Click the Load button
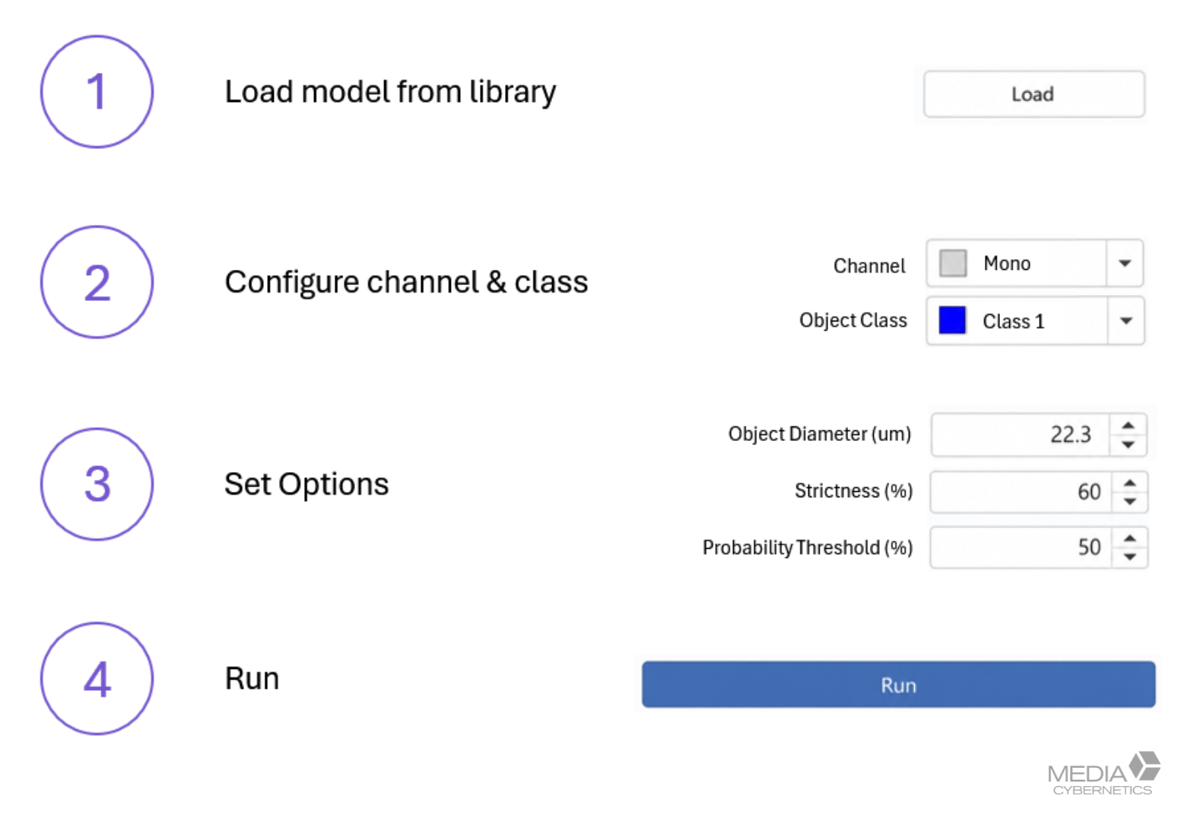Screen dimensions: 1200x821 (1034, 94)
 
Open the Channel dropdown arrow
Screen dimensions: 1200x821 (1125, 264)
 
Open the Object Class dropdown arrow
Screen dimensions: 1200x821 (1126, 321)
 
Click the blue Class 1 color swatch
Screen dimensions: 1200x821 (953, 320)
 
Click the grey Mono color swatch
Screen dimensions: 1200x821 (953, 263)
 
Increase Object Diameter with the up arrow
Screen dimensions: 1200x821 (1129, 426)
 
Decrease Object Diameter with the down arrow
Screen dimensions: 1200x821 (1129, 445)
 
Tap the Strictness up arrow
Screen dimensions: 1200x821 (1130, 483)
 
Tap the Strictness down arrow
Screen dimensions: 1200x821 (1130, 501)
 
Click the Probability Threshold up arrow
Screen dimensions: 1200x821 (1130, 539)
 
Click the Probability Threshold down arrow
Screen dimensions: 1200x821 (1130, 557)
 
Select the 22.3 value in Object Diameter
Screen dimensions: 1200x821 (1071, 434)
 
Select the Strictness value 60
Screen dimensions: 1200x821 (1089, 492)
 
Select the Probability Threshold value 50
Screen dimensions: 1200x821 (1089, 547)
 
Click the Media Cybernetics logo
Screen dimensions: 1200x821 (1104, 773)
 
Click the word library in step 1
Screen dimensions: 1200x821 (513, 92)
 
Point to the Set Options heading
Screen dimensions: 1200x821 (306, 485)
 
